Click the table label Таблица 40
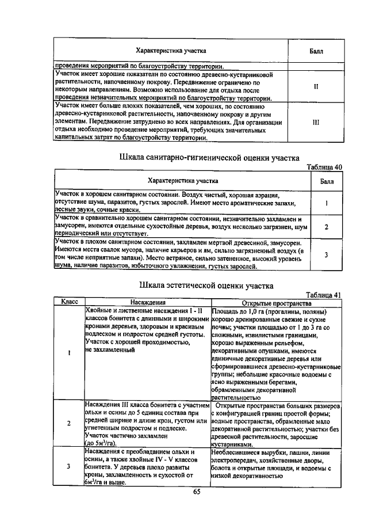click(325, 167)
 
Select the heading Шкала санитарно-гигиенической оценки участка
click(209, 158)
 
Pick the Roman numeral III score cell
click(316, 123)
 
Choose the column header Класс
click(69, 302)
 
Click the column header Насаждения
click(148, 302)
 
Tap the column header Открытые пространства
click(277, 302)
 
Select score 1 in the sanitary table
click(326, 203)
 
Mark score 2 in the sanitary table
click(326, 227)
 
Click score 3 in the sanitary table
click(326, 254)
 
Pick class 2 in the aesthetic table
click(69, 424)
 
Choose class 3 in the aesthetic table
click(69, 466)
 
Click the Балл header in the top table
click(316, 51)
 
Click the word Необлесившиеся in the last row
click(236, 452)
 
